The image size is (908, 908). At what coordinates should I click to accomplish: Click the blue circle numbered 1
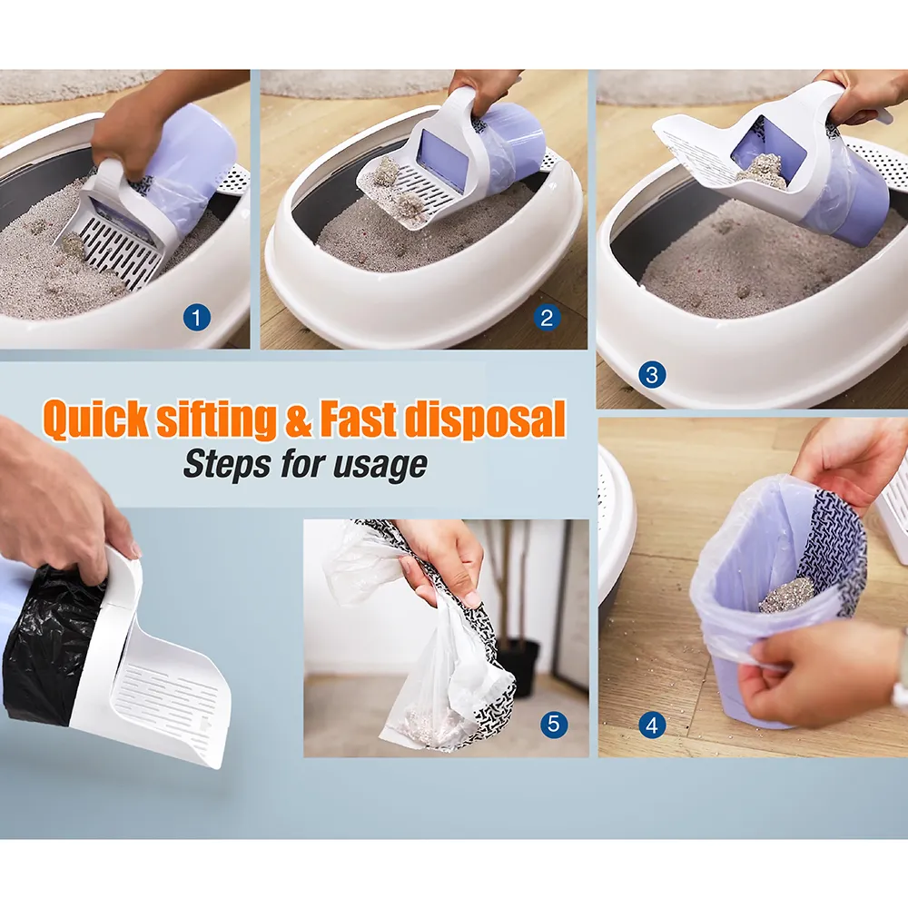coord(196,318)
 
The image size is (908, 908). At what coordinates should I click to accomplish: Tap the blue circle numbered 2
coord(547,318)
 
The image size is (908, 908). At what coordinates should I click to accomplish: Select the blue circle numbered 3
coord(651,375)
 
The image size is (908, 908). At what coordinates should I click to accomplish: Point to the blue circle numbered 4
coord(652,725)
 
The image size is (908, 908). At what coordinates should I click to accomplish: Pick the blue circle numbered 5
coord(554,724)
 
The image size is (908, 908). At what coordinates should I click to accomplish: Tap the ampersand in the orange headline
coord(298,419)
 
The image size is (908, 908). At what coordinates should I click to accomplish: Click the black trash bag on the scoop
coord(52,644)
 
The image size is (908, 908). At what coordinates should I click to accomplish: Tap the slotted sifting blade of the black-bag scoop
coord(168,701)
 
